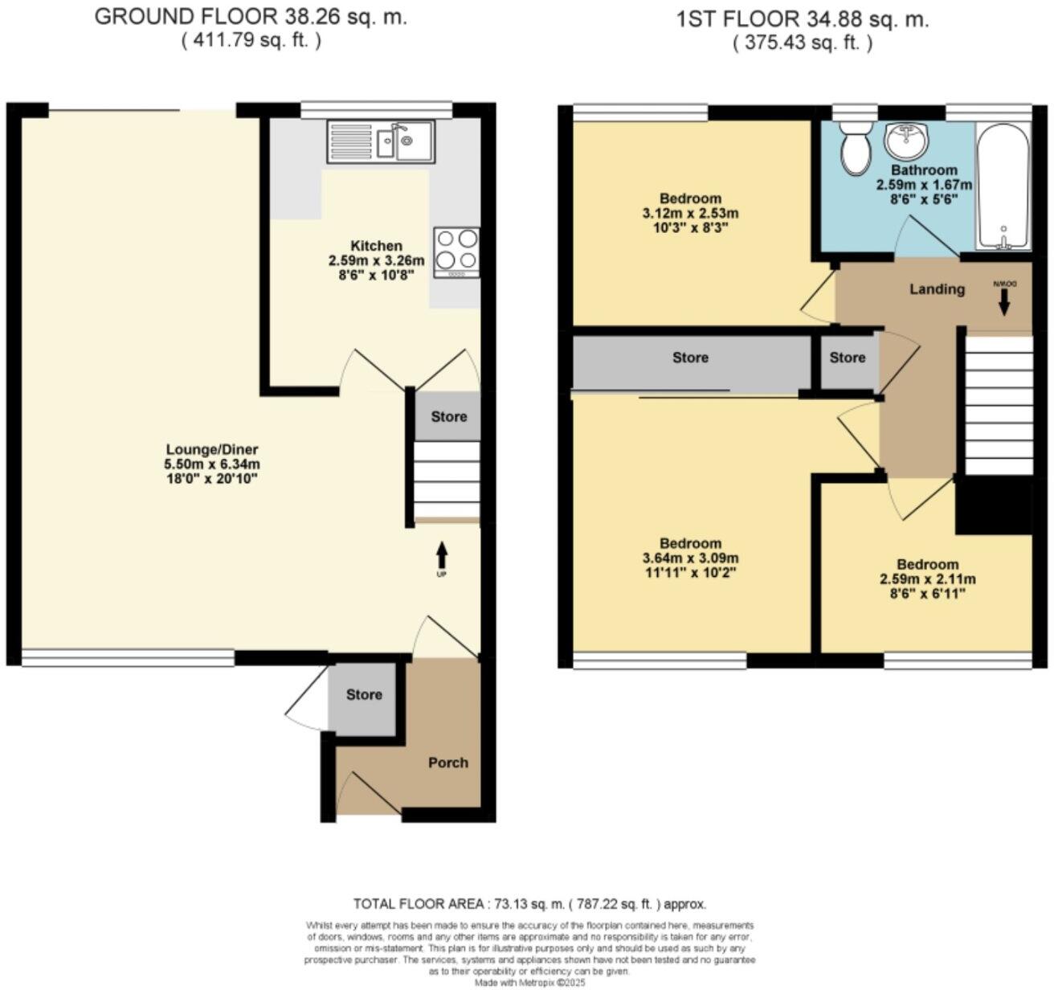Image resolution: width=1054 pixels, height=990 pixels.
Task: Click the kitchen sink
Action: [x=380, y=142]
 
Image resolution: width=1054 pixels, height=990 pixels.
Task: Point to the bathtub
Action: [x=1003, y=186]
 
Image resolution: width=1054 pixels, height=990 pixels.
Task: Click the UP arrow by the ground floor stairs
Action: [x=441, y=556]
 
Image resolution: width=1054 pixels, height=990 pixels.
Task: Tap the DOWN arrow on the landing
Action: [x=1003, y=301]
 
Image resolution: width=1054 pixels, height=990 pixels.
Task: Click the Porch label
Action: [x=447, y=763]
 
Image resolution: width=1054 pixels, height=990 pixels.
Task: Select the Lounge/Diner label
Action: [x=212, y=450]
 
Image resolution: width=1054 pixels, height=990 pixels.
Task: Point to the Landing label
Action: [x=937, y=289]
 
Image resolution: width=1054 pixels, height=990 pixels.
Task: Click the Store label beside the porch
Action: [x=364, y=694]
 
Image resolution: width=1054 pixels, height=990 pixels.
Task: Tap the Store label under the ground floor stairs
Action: [x=448, y=416]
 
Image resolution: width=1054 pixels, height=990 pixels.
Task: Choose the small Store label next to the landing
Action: [x=848, y=358]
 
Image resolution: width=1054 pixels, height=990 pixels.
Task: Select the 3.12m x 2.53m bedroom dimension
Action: [x=690, y=213]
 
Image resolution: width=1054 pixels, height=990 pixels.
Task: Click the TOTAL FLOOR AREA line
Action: [x=529, y=903]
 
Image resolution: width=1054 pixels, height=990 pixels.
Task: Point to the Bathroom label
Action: [x=924, y=170]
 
